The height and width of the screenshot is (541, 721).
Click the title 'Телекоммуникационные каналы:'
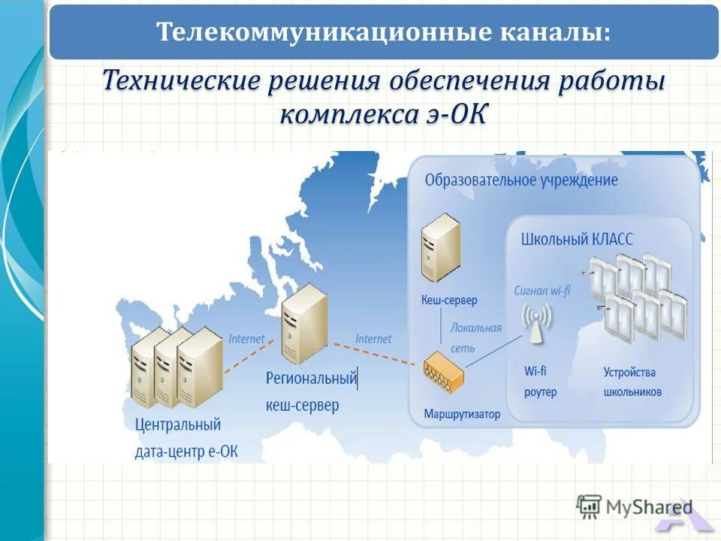pyautogui.click(x=383, y=32)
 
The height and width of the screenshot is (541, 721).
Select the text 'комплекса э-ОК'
pyautogui.click(x=383, y=116)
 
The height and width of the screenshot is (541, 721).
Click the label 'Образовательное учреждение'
pyautogui.click(x=521, y=180)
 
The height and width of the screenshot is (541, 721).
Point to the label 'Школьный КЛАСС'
pyautogui.click(x=577, y=240)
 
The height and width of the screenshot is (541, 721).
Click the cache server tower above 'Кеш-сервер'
pyautogui.click(x=440, y=247)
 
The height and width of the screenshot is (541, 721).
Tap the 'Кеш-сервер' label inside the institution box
pyautogui.click(x=449, y=301)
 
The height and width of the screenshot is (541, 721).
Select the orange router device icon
pyautogui.click(x=444, y=369)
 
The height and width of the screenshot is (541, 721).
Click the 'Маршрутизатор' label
pyautogui.click(x=462, y=414)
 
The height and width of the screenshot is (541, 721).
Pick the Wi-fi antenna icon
pyautogui.click(x=536, y=323)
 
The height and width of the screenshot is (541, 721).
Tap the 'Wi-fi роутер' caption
pyautogui.click(x=540, y=382)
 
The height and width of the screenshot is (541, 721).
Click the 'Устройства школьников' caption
pyautogui.click(x=632, y=382)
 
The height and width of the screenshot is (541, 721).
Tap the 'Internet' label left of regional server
pyautogui.click(x=246, y=339)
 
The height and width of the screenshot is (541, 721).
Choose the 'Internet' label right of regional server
pyautogui.click(x=373, y=339)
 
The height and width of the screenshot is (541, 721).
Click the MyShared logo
pyautogui.click(x=635, y=507)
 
